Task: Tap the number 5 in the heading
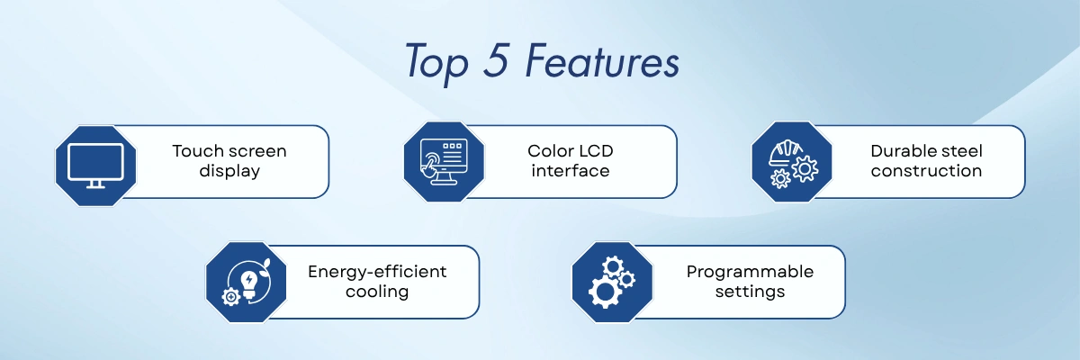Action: pyautogui.click(x=497, y=59)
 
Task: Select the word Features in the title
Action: pyautogui.click(x=602, y=60)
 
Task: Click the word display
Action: pyautogui.click(x=229, y=171)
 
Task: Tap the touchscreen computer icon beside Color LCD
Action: pyautogui.click(x=444, y=162)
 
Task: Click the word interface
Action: pyautogui.click(x=571, y=171)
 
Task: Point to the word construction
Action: pyautogui.click(x=926, y=171)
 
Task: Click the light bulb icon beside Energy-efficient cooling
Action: pyautogui.click(x=247, y=283)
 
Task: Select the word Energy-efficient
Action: pyautogui.click(x=377, y=272)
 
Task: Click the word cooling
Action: pyautogui.click(x=377, y=292)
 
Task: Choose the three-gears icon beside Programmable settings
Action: pyautogui.click(x=612, y=283)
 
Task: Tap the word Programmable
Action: pyautogui.click(x=750, y=272)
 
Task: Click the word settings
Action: pyautogui.click(x=750, y=292)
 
